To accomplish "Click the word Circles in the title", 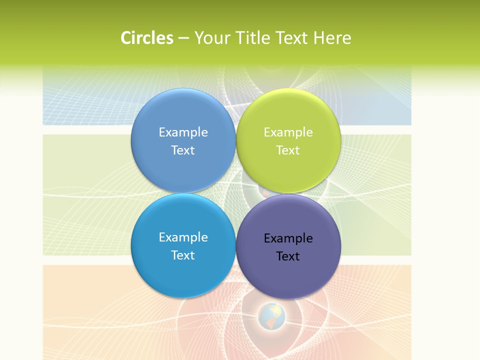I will pyautogui.click(x=147, y=38).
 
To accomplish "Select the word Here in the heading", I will pyautogui.click(x=332, y=38).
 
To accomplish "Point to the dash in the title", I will pyautogui.click(x=183, y=38).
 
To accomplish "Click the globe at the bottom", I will pyautogui.click(x=272, y=316).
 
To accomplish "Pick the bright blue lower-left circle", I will pyautogui.click(x=183, y=270).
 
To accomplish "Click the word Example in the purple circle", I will pyautogui.click(x=288, y=238).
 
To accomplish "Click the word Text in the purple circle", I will pyautogui.click(x=288, y=256).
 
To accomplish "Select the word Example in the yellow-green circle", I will pyautogui.click(x=288, y=132).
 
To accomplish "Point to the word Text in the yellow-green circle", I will pyautogui.click(x=288, y=150).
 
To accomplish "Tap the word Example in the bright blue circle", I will pyautogui.click(x=183, y=237).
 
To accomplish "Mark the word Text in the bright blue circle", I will pyautogui.click(x=183, y=255).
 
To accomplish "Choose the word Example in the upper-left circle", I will pyautogui.click(x=183, y=132).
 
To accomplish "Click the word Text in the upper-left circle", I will pyautogui.click(x=183, y=150).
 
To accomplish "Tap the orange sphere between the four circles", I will pyautogui.click(x=265, y=192).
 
